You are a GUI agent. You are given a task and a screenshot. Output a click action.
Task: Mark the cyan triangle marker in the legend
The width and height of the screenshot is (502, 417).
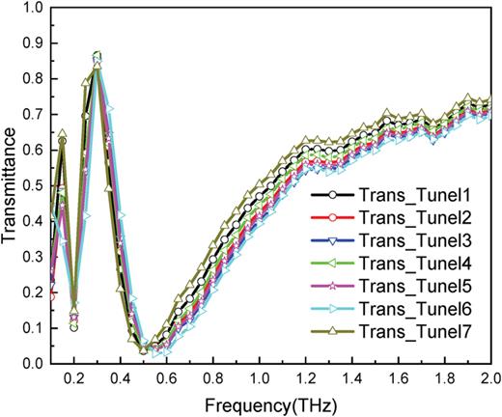click(x=330, y=310)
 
